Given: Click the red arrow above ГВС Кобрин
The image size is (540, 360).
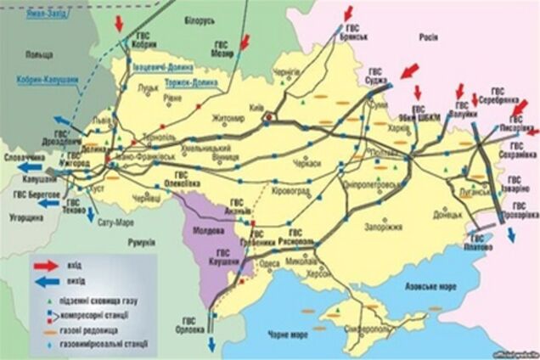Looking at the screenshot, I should click(x=119, y=19).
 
